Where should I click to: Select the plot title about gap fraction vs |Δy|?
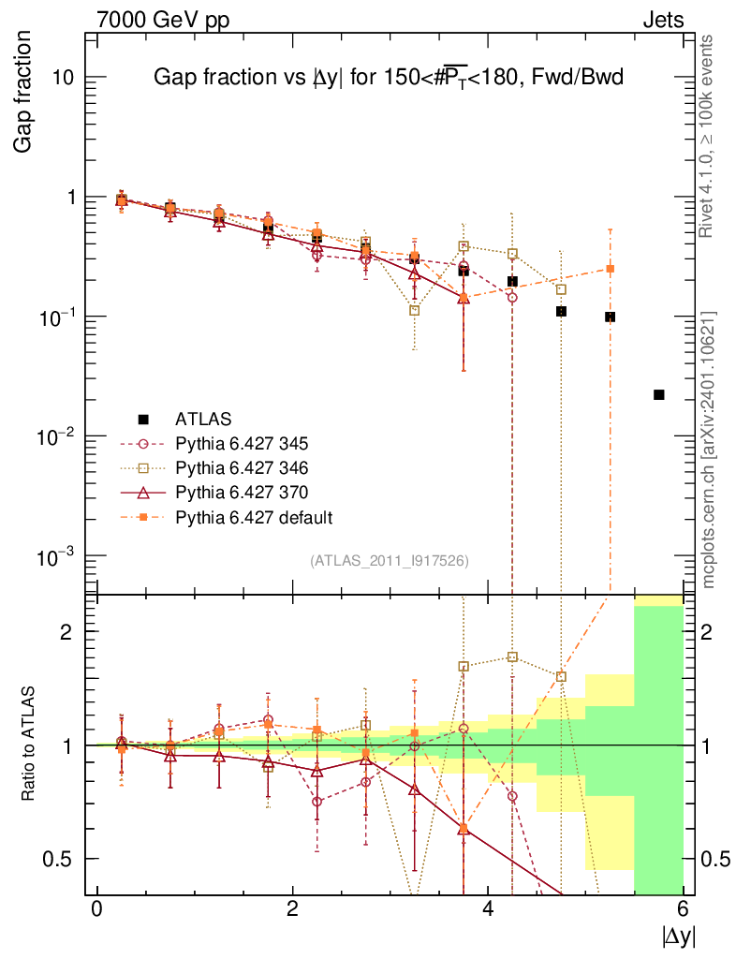tap(388, 80)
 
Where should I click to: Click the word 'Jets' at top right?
tap(662, 20)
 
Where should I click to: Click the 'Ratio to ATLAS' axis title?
tap(29, 745)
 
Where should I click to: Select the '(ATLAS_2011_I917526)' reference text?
tap(390, 560)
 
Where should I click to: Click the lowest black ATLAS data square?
tap(659, 395)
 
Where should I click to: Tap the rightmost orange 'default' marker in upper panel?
tap(611, 269)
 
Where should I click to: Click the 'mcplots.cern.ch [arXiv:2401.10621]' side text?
tap(709, 450)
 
